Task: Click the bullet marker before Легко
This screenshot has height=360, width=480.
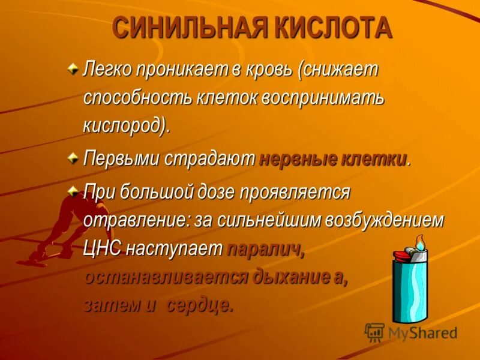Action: coord(73,70)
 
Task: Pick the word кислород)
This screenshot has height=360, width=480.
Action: coord(127,126)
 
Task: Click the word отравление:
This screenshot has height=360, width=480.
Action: coord(136,220)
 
